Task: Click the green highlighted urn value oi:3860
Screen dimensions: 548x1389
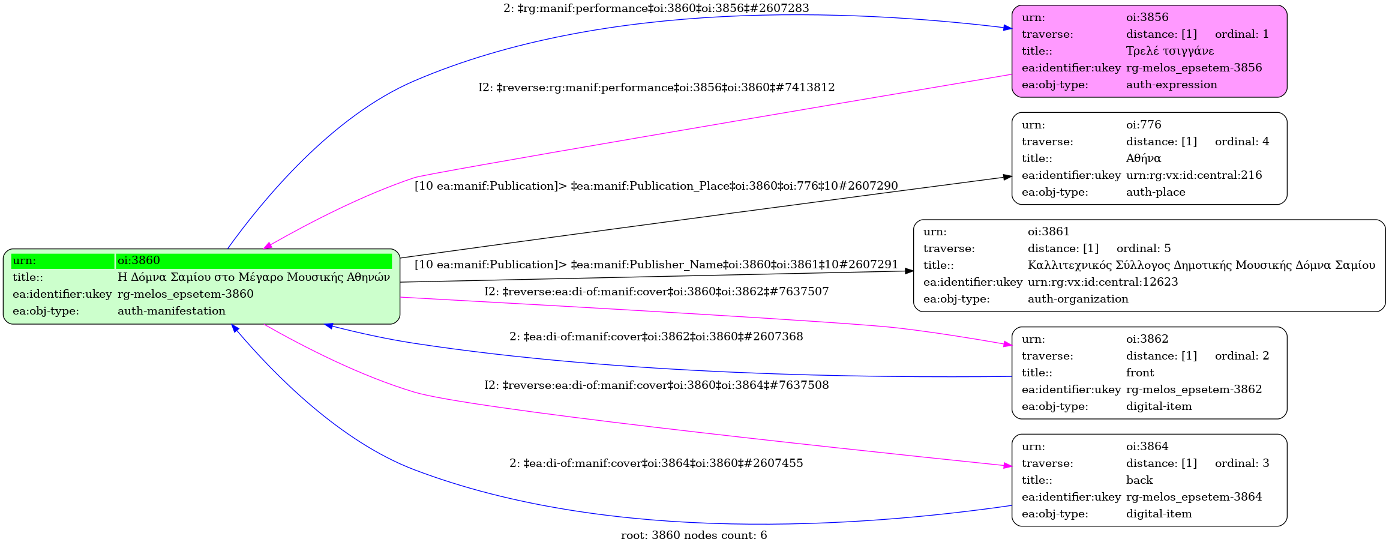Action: (x=139, y=260)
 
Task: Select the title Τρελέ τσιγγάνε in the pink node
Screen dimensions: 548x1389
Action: (x=1169, y=51)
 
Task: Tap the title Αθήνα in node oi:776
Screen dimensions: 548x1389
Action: (x=1143, y=158)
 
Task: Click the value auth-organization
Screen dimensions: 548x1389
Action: (x=1078, y=299)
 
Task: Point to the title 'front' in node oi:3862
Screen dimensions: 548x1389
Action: (x=1139, y=373)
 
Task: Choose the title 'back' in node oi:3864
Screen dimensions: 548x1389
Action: (x=1139, y=480)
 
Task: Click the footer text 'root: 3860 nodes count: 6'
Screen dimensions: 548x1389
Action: (x=694, y=535)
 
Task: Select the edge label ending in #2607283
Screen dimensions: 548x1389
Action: (x=656, y=8)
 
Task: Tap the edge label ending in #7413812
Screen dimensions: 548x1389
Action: (x=656, y=88)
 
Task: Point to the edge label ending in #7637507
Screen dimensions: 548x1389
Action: (x=656, y=292)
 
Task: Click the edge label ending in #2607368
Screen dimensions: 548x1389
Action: (x=656, y=337)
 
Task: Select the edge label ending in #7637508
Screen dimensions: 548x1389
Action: (x=656, y=385)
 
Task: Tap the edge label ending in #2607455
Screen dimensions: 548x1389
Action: (x=656, y=463)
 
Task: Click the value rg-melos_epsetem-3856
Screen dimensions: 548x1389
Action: (x=1193, y=68)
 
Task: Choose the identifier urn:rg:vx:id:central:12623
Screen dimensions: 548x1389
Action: (x=1102, y=282)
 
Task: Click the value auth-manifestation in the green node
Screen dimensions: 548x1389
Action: (x=171, y=311)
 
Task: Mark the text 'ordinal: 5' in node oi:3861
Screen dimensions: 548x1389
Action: (x=1143, y=248)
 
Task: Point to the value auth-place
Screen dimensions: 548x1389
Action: (x=1155, y=192)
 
